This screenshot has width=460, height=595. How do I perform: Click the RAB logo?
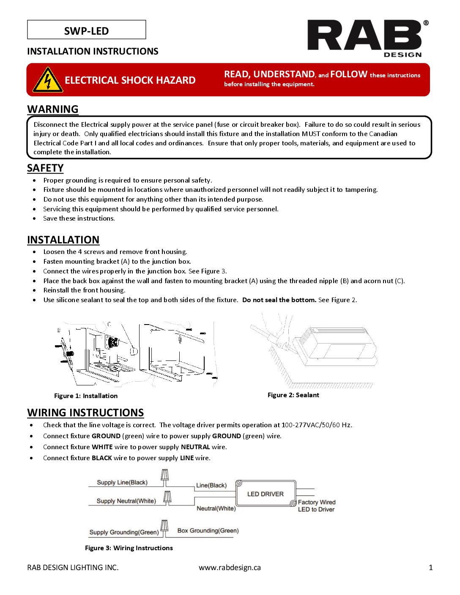coord(364,37)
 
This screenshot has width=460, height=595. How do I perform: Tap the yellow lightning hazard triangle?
coord(48,80)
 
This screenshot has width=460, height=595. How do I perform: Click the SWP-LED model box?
coord(86,30)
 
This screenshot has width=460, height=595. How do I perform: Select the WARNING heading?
coord(53,109)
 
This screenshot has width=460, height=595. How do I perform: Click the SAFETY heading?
coord(45,168)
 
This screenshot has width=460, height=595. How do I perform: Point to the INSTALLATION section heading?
coord(63,240)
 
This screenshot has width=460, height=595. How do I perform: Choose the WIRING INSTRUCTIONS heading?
coord(85,412)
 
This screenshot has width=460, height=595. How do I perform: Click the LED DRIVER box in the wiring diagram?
coord(266,494)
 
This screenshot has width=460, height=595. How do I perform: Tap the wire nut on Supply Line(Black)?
coord(165,477)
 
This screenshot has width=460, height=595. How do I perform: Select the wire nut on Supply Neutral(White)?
coord(167,497)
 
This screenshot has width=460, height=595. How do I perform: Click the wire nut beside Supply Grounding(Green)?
coord(164,527)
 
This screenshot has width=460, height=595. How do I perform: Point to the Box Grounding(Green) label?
coord(208,531)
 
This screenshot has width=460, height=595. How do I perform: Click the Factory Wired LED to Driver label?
coord(316,506)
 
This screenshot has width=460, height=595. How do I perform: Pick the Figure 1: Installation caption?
coord(86,396)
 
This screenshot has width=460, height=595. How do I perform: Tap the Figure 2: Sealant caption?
coord(293,395)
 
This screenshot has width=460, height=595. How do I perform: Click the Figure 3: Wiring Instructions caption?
coord(129,548)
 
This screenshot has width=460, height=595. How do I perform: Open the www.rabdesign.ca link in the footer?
coord(230,568)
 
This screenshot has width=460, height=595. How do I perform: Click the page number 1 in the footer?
coord(431,568)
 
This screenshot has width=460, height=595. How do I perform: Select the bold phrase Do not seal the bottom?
coord(279,300)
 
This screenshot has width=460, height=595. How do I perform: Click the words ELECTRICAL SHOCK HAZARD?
coord(130,80)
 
